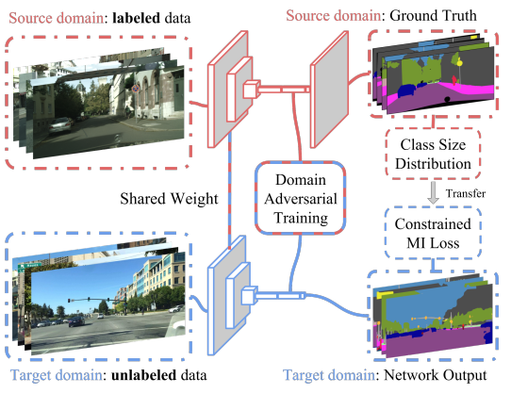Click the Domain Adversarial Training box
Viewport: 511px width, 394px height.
coord(300,198)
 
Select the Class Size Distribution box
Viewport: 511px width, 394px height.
coord(433,155)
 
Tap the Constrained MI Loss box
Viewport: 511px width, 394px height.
coord(433,234)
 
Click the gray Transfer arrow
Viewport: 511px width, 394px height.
coord(433,192)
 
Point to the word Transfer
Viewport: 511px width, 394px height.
coord(466,193)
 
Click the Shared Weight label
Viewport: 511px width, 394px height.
coord(169,199)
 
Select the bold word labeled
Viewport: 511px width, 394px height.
coord(136,18)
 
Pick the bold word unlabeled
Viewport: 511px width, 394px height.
coord(143,375)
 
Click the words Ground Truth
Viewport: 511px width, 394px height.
coord(433,16)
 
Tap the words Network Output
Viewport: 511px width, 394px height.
coord(436,375)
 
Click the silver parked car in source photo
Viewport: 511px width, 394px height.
coord(60,125)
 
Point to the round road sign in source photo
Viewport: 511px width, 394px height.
coord(136,88)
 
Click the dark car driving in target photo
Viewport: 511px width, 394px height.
coord(76,321)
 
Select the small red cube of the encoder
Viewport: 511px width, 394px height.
coord(252,89)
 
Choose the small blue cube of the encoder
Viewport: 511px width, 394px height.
coord(250,295)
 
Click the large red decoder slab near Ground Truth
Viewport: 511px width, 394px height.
coord(329,90)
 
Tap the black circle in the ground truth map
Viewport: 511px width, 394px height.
coord(447,99)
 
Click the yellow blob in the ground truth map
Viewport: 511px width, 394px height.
coord(459,62)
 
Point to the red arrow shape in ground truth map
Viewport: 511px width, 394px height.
coord(453,79)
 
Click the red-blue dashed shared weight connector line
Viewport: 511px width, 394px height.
coord(230,190)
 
